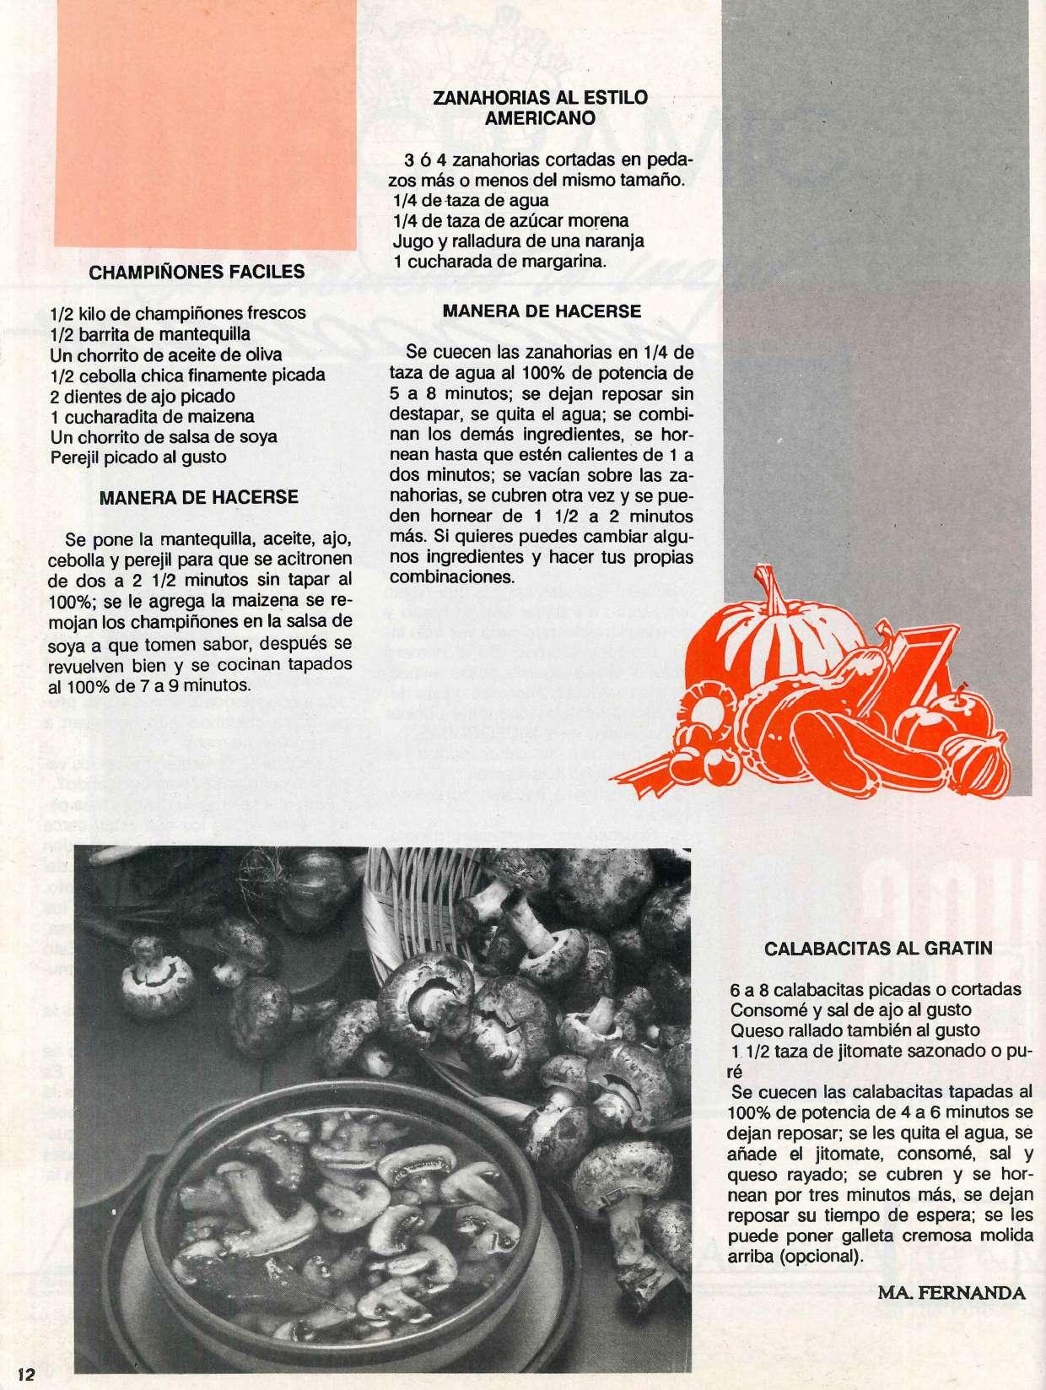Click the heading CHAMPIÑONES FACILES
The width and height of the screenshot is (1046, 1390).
197,272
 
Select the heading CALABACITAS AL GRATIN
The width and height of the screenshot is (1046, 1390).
878,948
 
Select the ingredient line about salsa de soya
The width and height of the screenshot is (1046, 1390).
164,437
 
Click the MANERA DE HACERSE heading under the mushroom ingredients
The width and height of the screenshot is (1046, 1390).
198,497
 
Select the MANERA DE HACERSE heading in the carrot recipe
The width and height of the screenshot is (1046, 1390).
542,311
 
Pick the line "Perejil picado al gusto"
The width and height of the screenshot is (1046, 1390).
138,457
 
